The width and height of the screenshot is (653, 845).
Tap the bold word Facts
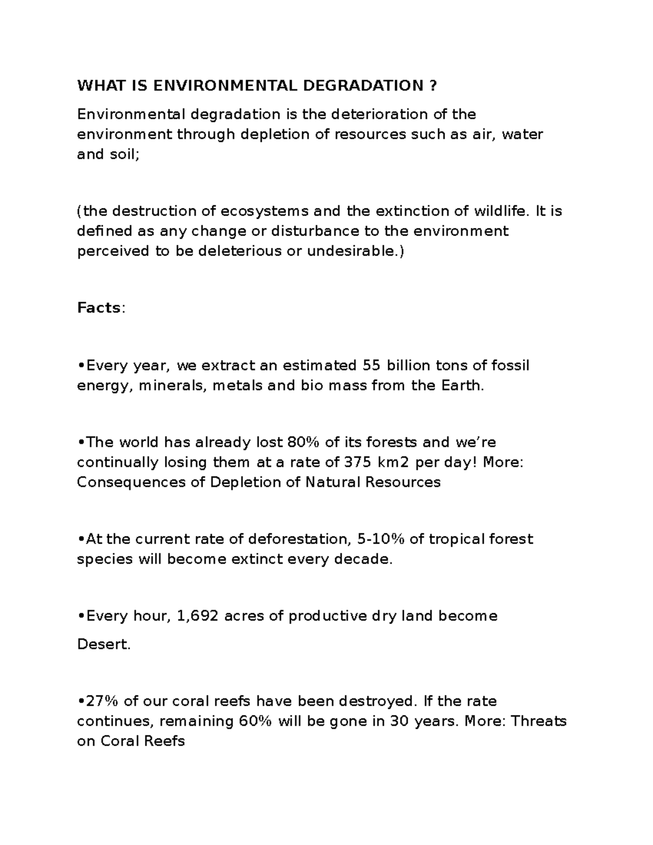98,308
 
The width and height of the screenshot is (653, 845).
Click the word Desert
103,645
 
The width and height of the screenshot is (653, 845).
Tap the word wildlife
501,211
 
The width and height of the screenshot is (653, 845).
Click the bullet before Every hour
81,616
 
